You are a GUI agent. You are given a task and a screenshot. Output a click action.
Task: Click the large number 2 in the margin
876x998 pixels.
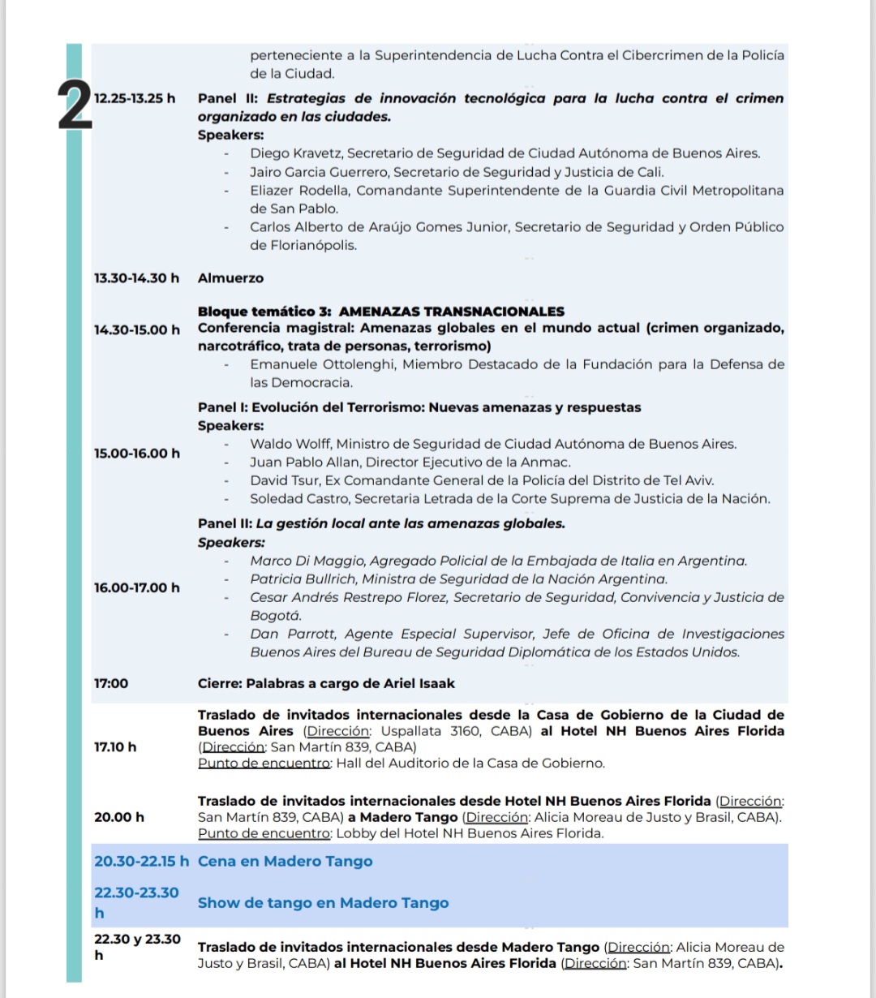pyautogui.click(x=75, y=109)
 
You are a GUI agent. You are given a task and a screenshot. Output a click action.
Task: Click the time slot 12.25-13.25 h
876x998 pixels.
pyautogui.click(x=135, y=99)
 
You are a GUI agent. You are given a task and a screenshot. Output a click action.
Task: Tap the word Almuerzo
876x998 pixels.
pyautogui.click(x=230, y=278)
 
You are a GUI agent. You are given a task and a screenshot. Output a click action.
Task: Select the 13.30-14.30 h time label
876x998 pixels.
pyautogui.click(x=136, y=278)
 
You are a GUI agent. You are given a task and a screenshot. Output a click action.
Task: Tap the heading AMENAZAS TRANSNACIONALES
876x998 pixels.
pyautogui.click(x=451, y=312)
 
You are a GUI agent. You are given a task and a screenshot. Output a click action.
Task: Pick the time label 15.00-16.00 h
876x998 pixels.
pyautogui.click(x=136, y=454)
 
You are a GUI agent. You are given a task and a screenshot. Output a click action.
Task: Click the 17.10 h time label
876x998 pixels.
pyautogui.click(x=115, y=747)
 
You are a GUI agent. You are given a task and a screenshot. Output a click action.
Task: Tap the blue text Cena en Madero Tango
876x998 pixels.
pyautogui.click(x=285, y=862)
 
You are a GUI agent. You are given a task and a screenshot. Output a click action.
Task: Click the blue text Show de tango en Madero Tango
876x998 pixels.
pyautogui.click(x=323, y=903)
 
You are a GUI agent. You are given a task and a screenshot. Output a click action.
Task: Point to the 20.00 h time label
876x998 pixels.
pyautogui.click(x=119, y=817)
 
